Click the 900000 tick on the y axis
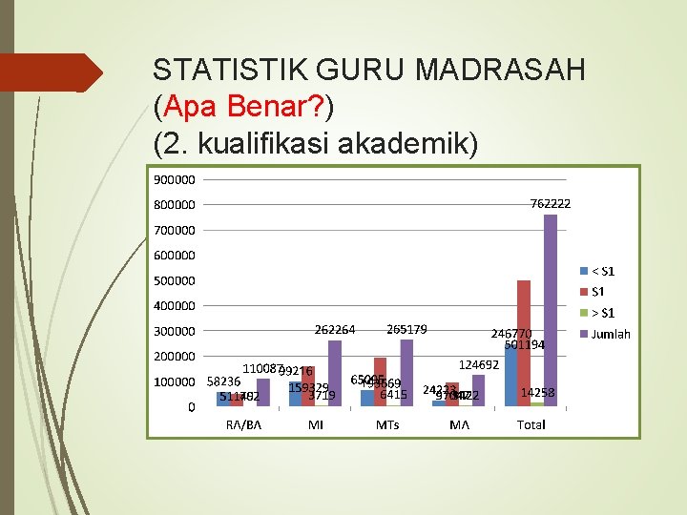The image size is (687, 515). pos(173,178)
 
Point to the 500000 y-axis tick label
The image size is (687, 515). pos(173,280)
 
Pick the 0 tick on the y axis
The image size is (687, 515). pos(192,407)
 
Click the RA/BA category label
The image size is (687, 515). pos(243,424)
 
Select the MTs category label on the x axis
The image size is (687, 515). pos(387,424)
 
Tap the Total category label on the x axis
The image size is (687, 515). pos(531,424)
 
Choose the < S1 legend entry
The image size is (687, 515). pos(602,271)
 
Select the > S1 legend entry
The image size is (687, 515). pos(602,313)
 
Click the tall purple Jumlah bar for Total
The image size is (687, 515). pos(550,310)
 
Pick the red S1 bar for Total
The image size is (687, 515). pos(524,343)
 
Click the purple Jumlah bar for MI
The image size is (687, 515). pos(334,373)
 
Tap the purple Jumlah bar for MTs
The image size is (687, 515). pos(406,373)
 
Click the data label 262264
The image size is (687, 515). pos(335,329)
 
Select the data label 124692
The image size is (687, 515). pos(479,364)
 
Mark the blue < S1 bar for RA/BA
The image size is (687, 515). pos(223,399)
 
